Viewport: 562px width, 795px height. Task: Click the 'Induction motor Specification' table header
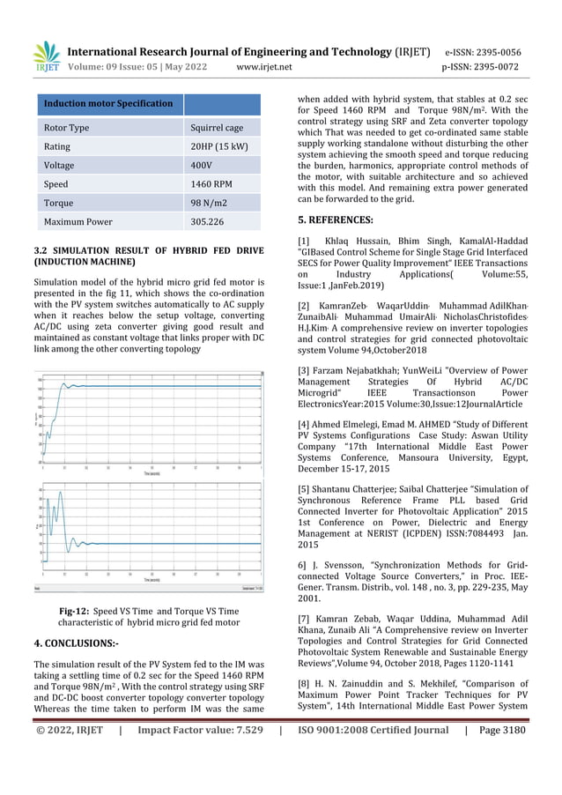pyautogui.click(x=108, y=104)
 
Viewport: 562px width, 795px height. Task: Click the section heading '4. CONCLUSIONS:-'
pyautogui.click(x=76, y=644)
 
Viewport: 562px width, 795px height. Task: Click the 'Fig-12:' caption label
pyautogui.click(x=75, y=609)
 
